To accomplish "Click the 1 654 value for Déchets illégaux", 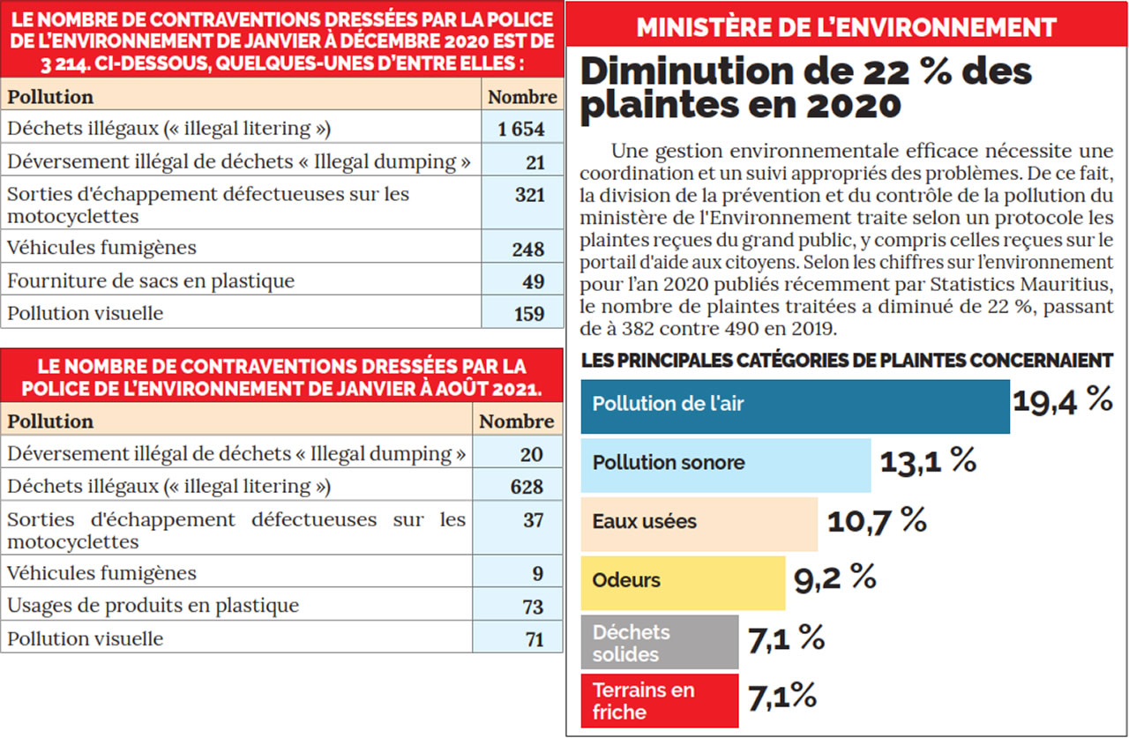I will point(520,130).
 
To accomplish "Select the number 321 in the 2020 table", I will point(529,195).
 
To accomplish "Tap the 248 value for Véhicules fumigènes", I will point(527,250).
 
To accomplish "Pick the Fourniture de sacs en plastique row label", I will point(151,281).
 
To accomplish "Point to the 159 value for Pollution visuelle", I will point(528,313).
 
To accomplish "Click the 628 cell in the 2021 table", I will point(527,487).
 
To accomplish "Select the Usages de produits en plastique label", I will point(153,606).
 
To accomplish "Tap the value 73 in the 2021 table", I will point(534,607).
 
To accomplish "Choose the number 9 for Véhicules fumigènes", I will point(538,574).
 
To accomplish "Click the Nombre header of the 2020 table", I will point(522,97).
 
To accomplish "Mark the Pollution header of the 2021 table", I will point(50,421).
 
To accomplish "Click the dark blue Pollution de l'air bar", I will point(794,406).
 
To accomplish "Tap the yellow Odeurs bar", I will point(683,581).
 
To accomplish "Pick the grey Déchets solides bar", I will point(659,643).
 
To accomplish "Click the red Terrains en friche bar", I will point(659,701).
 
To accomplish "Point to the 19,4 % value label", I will point(1062,400).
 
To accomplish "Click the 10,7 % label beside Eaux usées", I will point(877,520).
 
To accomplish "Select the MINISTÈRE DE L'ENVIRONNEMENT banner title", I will point(846,27).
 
